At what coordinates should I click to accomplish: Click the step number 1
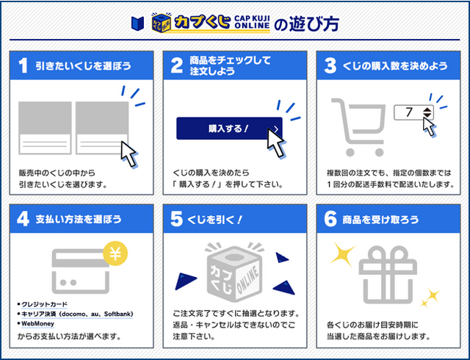(x=23, y=65)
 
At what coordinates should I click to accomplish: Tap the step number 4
(x=23, y=219)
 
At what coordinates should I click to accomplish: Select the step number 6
(x=331, y=219)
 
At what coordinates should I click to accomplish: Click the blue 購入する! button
(x=228, y=129)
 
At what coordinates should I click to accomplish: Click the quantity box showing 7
(x=414, y=112)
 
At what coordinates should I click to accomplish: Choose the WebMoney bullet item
(x=38, y=323)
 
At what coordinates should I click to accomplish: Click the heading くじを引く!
(x=217, y=219)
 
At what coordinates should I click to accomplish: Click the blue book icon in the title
(x=137, y=22)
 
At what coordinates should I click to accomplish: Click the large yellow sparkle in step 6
(x=342, y=253)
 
